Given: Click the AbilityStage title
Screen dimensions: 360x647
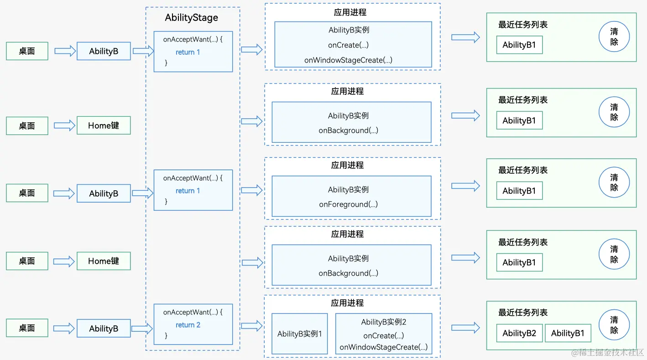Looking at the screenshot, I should click(191, 18).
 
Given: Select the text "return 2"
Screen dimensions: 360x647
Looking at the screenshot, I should click(188, 325).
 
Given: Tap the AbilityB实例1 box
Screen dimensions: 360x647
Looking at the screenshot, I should click(299, 334).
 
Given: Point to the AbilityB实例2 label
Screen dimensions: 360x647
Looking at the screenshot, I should click(383, 322).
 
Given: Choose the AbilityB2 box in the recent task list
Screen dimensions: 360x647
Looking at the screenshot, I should click(519, 333).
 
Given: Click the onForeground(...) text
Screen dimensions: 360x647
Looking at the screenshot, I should click(348, 204).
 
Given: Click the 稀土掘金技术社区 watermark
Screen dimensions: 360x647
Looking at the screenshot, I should click(607, 352).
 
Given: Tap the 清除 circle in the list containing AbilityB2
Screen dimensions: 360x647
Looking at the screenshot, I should click(614, 325).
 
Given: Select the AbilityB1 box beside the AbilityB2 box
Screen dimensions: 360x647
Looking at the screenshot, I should click(568, 333).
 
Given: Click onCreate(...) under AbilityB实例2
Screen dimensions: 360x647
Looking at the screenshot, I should click(383, 335).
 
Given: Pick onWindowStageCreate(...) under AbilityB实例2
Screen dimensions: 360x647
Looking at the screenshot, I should click(383, 347).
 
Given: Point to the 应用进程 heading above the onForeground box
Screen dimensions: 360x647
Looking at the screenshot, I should click(347, 165).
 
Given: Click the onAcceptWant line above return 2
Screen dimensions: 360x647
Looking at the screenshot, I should click(193, 313).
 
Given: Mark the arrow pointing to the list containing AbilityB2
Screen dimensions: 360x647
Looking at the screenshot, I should click(465, 328).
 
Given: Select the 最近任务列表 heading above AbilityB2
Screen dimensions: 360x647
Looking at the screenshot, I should click(523, 313).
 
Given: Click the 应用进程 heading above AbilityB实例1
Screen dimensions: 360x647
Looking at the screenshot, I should click(347, 303).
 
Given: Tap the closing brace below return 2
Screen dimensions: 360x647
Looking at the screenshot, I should click(166, 336).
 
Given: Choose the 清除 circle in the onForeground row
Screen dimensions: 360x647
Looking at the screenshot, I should click(614, 183).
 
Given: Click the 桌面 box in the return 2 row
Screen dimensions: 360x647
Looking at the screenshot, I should click(27, 328).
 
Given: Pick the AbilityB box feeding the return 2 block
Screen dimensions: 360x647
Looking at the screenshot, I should click(104, 329).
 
